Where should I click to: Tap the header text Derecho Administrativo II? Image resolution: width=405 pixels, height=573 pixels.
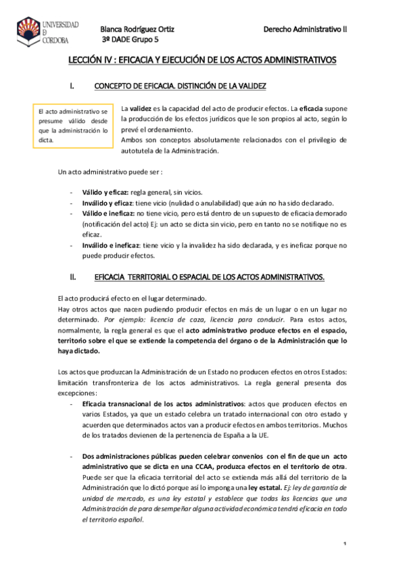[x=314, y=29]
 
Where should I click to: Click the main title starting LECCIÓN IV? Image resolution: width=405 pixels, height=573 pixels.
[x=202, y=61]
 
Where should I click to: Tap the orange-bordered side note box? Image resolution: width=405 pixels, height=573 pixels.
[x=73, y=126]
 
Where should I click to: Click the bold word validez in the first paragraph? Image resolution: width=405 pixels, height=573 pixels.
[x=141, y=108]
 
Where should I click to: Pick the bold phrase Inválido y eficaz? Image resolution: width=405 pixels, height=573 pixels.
[x=107, y=202]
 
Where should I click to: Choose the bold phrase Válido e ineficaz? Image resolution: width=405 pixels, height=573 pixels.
[x=107, y=212]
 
